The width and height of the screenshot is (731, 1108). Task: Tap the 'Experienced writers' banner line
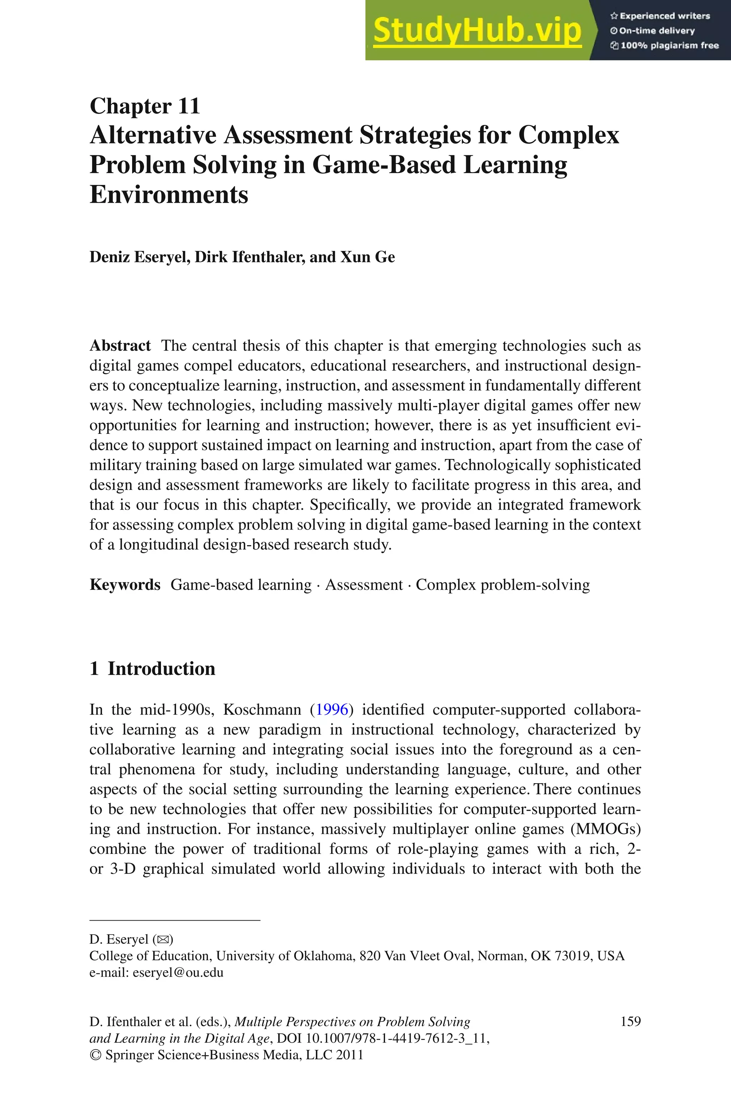point(660,16)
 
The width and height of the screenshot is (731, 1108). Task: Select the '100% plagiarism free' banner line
point(665,45)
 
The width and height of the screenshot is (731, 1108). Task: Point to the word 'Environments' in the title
point(168,194)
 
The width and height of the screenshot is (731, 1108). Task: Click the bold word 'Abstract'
point(120,346)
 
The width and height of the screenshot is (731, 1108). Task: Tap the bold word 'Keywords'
point(125,585)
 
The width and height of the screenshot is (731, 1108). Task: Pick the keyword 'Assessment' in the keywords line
point(364,585)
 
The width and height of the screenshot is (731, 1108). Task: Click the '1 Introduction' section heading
point(152,669)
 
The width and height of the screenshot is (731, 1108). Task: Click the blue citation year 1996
point(332,710)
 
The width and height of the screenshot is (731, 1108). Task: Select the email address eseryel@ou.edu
point(178,972)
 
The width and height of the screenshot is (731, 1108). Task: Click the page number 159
point(630,1022)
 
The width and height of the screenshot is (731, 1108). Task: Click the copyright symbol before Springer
point(95,1055)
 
